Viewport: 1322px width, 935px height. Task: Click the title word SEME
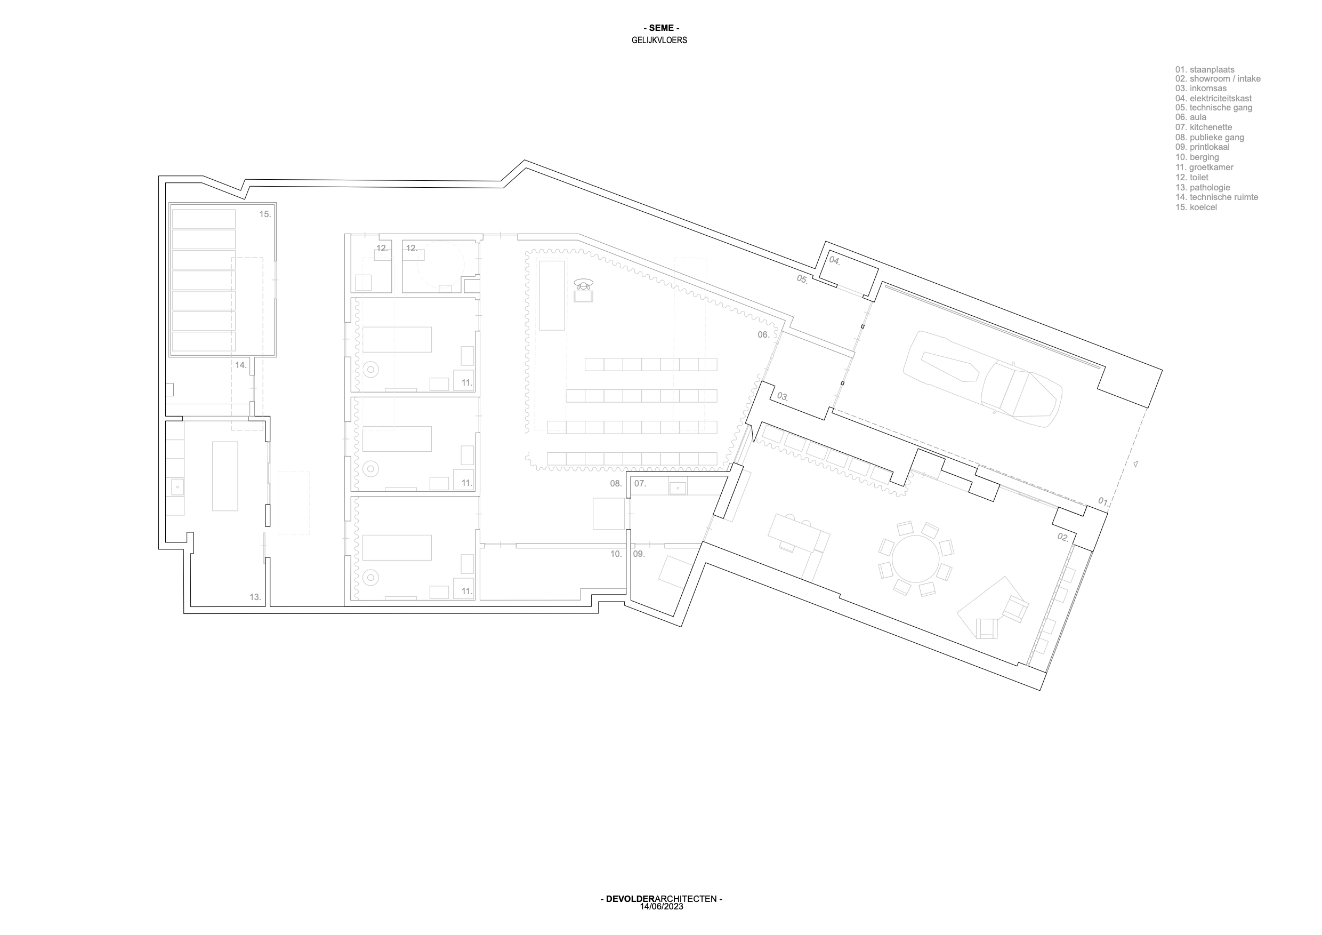[x=661, y=28]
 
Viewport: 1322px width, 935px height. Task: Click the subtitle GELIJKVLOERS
[x=659, y=41]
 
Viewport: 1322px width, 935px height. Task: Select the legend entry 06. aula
[x=1191, y=117]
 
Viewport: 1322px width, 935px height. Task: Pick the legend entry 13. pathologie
[x=1203, y=188]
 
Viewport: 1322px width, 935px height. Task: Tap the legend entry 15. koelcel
[x=1196, y=207]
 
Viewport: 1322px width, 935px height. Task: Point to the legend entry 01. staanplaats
[x=1205, y=70]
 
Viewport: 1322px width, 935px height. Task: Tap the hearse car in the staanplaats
[x=982, y=379]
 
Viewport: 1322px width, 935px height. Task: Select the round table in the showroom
[x=915, y=559]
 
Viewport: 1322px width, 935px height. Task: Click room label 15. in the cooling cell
[x=265, y=214]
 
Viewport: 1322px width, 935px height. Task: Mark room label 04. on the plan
[x=835, y=260]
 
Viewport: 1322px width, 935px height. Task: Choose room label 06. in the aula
[x=763, y=335]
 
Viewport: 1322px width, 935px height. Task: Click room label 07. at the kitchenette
[x=640, y=484]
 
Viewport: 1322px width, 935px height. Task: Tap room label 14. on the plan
[x=240, y=365]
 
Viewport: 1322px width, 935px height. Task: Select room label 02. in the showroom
[x=1063, y=538]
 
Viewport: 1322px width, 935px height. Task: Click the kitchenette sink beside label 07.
[x=678, y=488]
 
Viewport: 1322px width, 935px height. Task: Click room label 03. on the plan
[x=783, y=396]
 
